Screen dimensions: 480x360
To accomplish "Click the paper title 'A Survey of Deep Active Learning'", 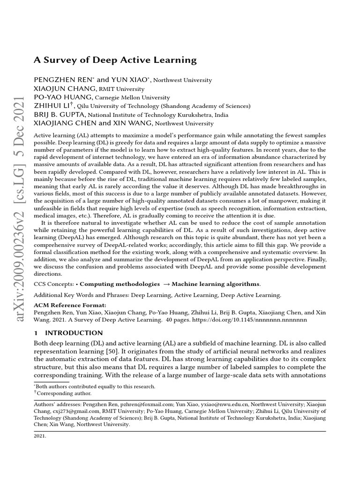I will tap(115, 60).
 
